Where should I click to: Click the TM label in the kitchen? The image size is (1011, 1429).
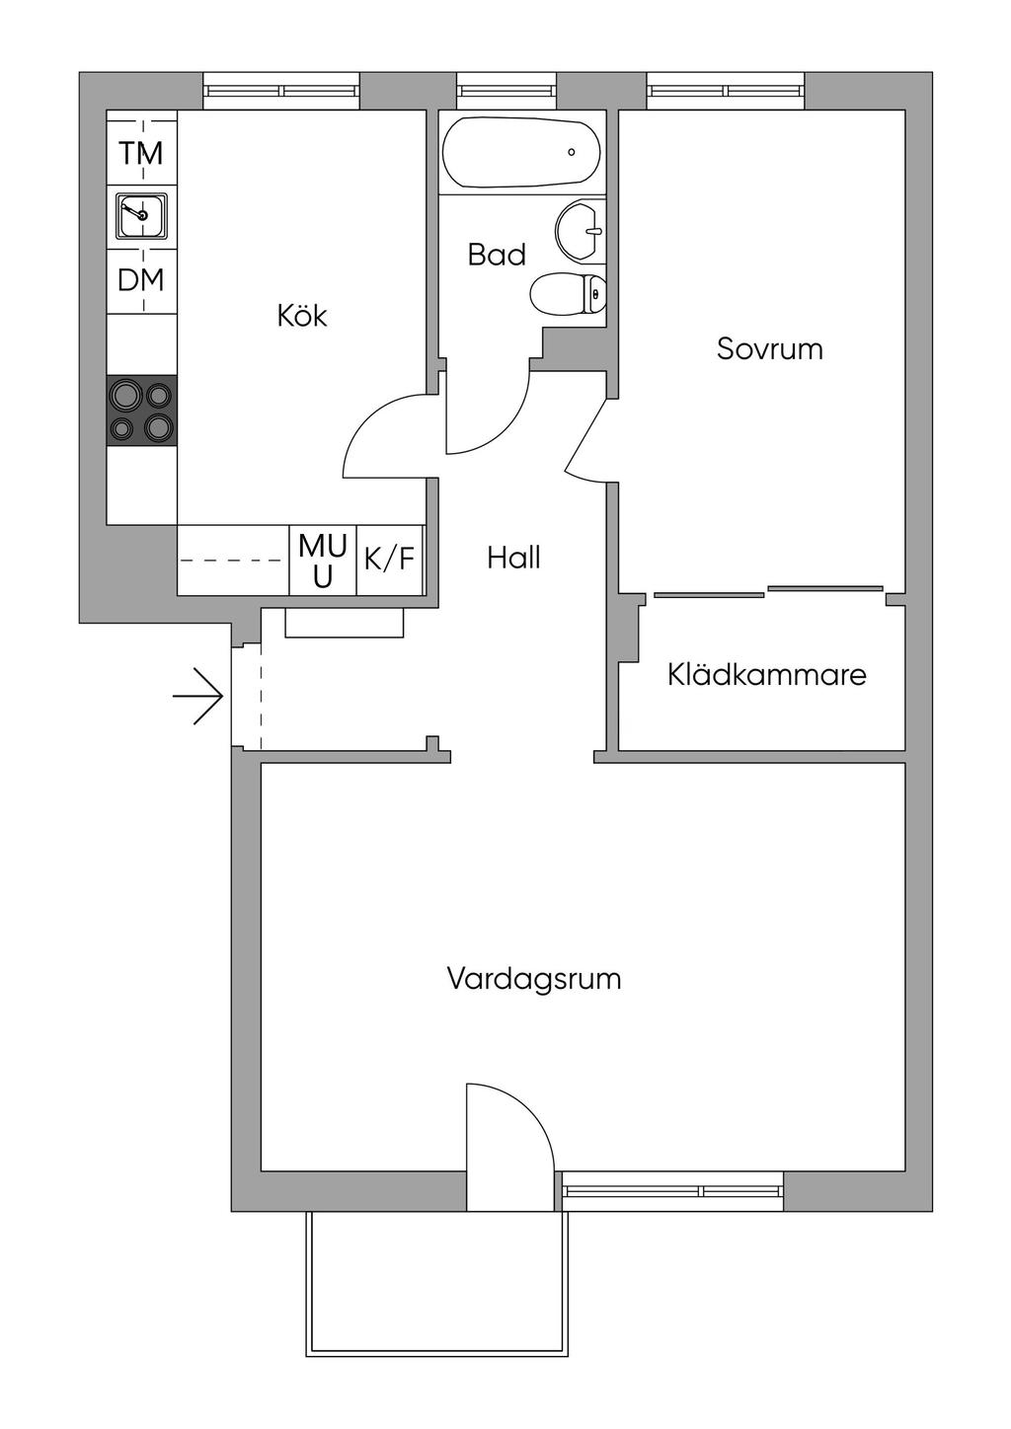(x=141, y=154)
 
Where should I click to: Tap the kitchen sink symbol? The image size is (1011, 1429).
(x=141, y=216)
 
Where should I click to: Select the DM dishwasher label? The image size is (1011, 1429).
(x=141, y=280)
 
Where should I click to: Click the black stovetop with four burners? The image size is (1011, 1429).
(x=142, y=411)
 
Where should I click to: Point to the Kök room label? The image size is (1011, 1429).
(x=301, y=317)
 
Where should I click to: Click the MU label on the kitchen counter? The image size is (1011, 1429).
(x=323, y=560)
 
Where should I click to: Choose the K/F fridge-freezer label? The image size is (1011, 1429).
(x=390, y=560)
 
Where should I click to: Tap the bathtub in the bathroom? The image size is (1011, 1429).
(x=520, y=153)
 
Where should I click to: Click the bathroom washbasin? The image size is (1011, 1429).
(x=581, y=230)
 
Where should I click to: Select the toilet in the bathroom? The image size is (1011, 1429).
(x=569, y=294)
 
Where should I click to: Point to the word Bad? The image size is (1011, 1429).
(x=497, y=256)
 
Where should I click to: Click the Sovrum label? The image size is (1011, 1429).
(x=769, y=349)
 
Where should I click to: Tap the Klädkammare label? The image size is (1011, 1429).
(x=766, y=675)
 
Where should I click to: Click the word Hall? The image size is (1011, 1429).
(x=513, y=559)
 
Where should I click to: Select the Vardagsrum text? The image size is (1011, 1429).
(x=534, y=980)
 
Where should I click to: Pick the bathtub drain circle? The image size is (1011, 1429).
(x=572, y=152)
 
